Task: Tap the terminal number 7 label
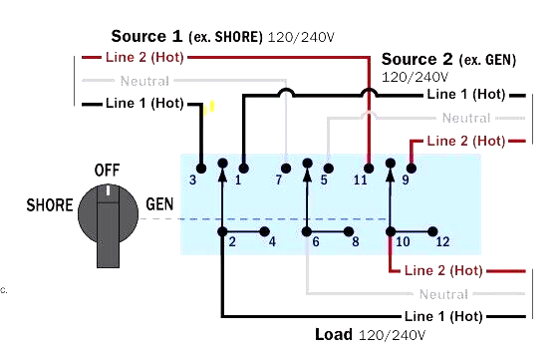click(279, 180)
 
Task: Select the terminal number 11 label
click(361, 180)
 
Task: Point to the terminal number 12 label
click(442, 242)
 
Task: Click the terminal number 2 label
click(231, 242)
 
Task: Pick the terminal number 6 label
click(315, 242)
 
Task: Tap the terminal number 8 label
click(354, 242)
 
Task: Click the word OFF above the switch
click(107, 170)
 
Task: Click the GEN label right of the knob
click(160, 203)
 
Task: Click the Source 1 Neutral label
click(143, 81)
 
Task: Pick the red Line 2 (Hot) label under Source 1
click(143, 59)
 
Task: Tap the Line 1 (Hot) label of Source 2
click(465, 95)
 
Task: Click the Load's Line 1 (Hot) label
click(443, 316)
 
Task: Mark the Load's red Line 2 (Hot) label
click(443, 270)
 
